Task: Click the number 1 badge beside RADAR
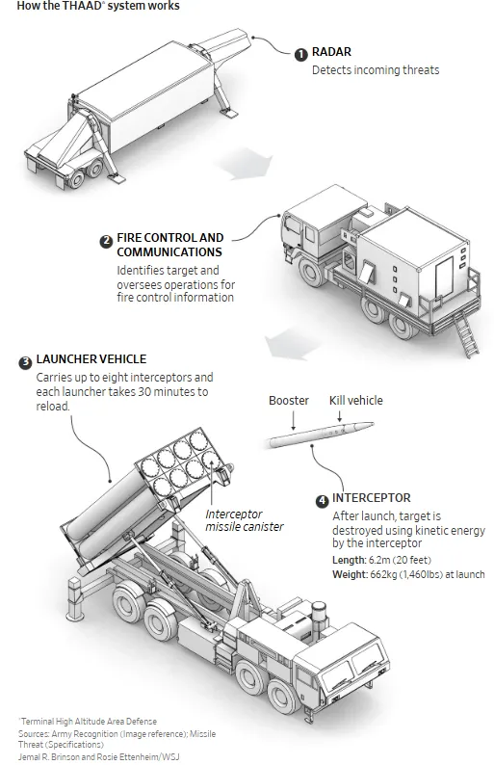point(300,54)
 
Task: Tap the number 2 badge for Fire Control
point(106,241)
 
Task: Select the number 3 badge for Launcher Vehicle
point(25,363)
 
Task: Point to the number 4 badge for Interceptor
point(322,501)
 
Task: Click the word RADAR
point(331,52)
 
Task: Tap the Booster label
point(289,401)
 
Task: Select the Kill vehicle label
point(356,401)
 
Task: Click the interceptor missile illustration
point(320,435)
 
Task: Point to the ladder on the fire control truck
point(467,334)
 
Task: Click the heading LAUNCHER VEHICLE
point(91,359)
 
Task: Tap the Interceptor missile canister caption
point(245,520)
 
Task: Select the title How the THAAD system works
point(98,6)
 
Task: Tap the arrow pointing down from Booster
point(293,420)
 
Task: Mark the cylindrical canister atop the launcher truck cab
point(319,615)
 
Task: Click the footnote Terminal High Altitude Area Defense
point(88,721)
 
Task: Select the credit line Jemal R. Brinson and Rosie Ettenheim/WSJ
point(99,756)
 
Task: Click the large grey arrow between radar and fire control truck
point(246,164)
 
